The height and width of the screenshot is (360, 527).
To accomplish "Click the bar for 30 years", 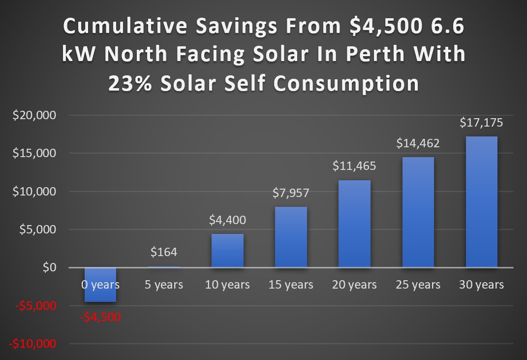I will coord(481,202).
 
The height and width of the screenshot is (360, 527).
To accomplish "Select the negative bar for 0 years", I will coord(100,285).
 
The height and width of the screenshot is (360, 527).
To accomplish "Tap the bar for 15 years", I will coord(291,237).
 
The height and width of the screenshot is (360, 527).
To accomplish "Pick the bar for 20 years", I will coord(354,224).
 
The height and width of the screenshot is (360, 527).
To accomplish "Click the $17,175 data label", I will coord(482,123).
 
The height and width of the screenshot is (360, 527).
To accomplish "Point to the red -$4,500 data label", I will coord(100,317).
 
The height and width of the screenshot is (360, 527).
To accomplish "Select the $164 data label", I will coord(164,252).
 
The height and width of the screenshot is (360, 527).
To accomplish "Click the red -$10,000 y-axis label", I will coord(34,344).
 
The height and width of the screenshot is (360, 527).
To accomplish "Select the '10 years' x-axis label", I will coord(227,285).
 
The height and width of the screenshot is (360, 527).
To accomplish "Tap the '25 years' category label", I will coord(418,285).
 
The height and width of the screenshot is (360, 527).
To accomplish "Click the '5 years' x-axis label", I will coord(164,285).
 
